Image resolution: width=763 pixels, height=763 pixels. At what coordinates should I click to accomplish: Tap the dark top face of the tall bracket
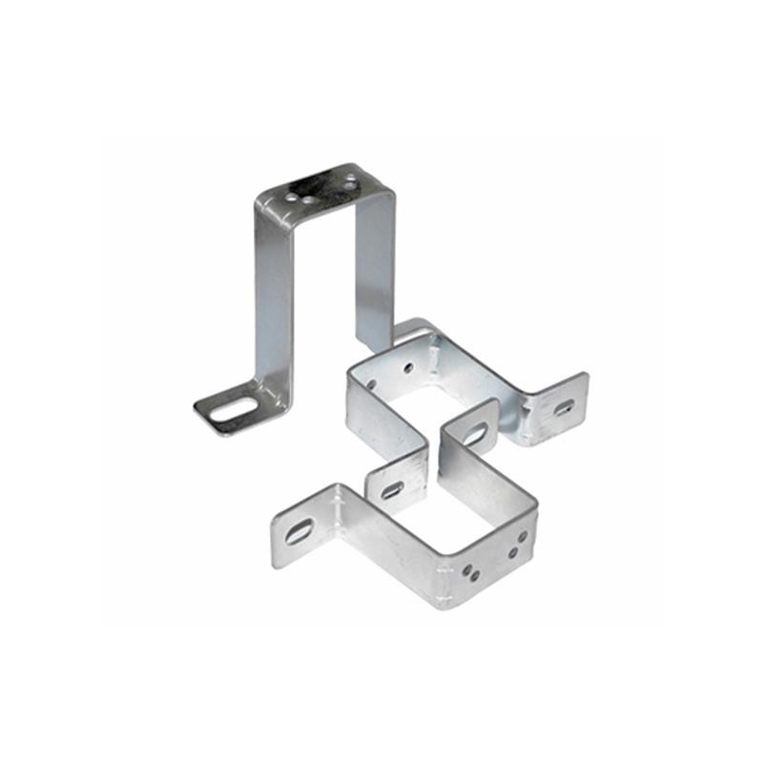click(x=320, y=188)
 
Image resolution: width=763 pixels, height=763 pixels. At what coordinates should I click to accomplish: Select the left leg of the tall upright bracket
click(x=273, y=305)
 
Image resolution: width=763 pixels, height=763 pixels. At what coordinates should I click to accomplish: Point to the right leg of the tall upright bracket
click(x=374, y=267)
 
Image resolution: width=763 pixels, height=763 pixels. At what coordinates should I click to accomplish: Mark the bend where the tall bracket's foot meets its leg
click(x=276, y=405)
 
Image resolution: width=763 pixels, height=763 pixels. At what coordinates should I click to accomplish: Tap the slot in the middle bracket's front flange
click(x=392, y=490)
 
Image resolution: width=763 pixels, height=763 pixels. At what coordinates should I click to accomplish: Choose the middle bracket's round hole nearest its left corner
click(x=371, y=385)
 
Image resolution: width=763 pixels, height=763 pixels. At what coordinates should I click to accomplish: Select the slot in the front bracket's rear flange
click(x=474, y=435)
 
